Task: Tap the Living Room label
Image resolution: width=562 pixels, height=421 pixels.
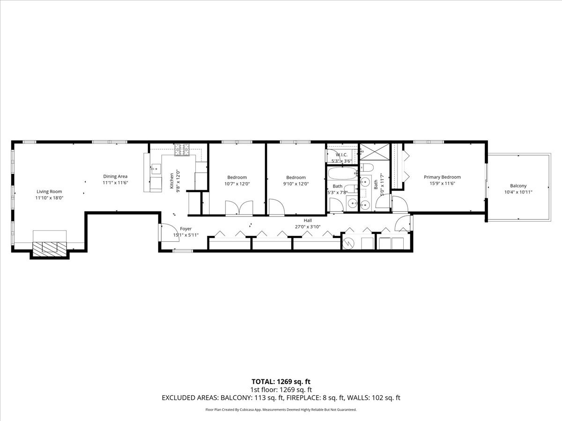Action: (x=49, y=191)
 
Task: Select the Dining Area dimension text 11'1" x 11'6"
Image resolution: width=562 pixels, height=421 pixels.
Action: (x=115, y=183)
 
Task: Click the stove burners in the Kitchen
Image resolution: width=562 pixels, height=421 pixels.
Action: (x=183, y=150)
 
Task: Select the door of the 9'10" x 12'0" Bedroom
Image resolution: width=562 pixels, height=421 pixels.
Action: (x=275, y=207)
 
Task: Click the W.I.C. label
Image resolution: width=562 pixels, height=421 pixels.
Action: (x=341, y=154)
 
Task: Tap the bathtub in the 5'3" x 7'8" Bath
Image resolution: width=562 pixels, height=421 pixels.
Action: (x=342, y=174)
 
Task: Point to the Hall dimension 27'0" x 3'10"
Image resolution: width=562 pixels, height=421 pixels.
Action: (x=307, y=227)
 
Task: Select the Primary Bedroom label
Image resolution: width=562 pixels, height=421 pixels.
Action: (x=442, y=177)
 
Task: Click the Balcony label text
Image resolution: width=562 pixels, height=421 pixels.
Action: (x=518, y=186)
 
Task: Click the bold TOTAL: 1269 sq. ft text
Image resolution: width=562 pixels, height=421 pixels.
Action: (x=281, y=381)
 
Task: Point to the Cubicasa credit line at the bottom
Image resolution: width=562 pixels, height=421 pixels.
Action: (x=281, y=410)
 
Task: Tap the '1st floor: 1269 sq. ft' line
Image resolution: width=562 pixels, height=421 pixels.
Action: (x=281, y=389)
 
